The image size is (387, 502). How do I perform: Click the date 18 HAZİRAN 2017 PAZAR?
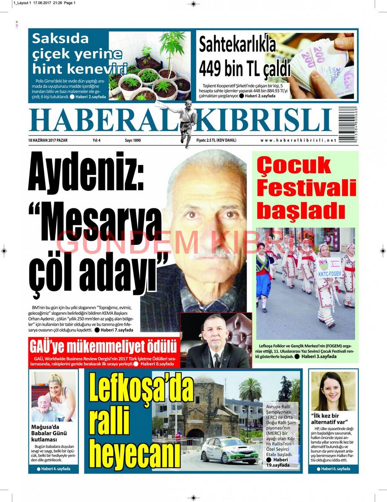coord(48,140)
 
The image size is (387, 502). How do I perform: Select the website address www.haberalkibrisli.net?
coord(298,140)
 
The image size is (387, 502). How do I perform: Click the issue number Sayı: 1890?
coord(132,140)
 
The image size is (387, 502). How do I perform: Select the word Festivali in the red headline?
coord(307,189)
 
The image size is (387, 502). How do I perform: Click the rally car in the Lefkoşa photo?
coord(230,450)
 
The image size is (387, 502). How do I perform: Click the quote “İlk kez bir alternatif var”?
coord(331,419)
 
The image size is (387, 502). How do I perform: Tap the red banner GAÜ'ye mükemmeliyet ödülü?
coord(103,346)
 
